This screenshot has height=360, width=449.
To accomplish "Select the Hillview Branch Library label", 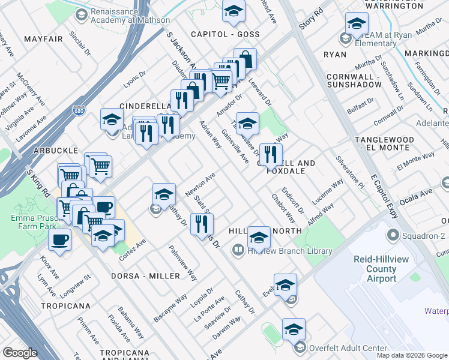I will (282, 252).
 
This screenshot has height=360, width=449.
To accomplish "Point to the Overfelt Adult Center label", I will (348, 347).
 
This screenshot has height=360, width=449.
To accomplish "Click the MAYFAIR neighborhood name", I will (44, 40).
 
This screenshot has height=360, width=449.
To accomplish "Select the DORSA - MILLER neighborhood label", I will (145, 276).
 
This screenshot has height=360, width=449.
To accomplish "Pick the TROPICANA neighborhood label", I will (65, 306).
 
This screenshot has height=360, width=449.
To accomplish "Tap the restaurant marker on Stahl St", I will (201, 224).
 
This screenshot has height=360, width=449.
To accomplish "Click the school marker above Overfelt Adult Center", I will (293, 329).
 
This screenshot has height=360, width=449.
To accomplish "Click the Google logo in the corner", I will (20, 353).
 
